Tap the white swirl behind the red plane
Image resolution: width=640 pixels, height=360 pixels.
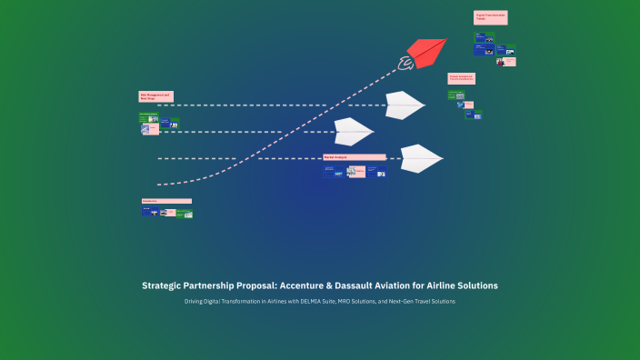coord(405,63)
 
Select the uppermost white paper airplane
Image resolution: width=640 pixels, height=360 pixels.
coord(403,105)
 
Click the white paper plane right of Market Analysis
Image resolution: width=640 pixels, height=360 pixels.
coord(419,158)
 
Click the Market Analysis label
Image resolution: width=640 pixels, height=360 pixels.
coord(354,157)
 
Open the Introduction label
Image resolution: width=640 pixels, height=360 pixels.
coord(165,201)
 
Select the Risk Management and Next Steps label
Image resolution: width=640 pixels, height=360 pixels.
coord(155,95)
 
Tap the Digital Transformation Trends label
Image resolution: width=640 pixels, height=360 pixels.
coord(489,16)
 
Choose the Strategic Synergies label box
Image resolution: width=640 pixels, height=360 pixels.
coord(461,79)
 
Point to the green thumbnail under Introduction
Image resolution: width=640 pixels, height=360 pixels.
coord(185,213)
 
